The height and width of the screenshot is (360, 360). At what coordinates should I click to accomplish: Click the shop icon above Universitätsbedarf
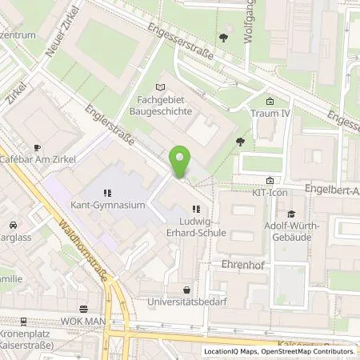tap(186, 290)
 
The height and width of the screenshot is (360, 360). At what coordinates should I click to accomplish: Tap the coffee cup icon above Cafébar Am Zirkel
tap(37, 147)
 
